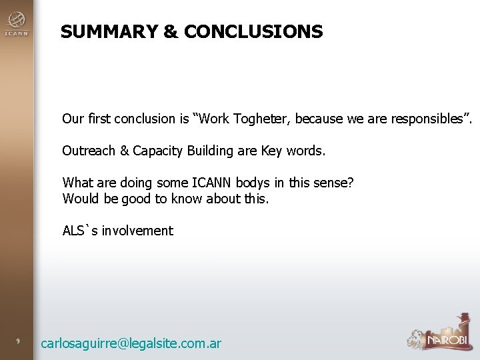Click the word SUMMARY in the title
pos(102,31)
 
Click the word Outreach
pos(88,151)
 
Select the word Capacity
pos(157,151)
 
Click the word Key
pos(271,151)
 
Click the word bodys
pos(251,183)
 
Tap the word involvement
pos(137,231)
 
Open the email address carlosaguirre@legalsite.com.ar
pos(131,343)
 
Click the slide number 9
pos(19,343)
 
